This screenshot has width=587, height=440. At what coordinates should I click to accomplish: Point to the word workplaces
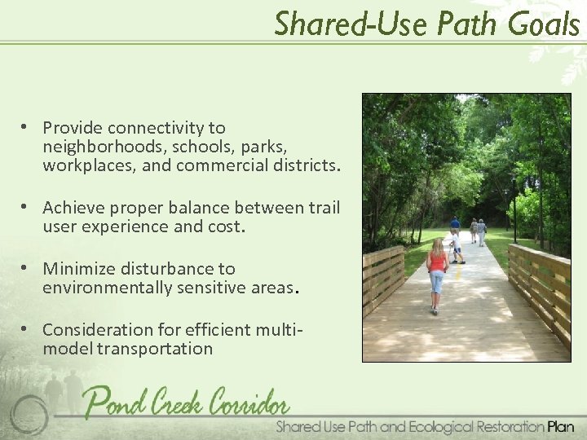click(86, 167)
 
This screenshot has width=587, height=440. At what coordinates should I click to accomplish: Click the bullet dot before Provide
click(27, 127)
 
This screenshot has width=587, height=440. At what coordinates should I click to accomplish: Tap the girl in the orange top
click(438, 273)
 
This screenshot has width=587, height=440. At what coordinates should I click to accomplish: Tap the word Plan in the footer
click(561, 426)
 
